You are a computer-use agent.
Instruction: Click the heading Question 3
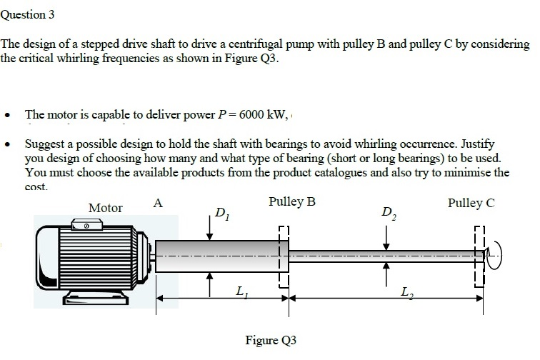[x=28, y=14]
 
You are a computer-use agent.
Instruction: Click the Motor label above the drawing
[x=105, y=208]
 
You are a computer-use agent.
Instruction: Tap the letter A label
[x=158, y=203]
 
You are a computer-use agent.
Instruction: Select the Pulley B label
[x=291, y=202]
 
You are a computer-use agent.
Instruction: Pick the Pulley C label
[x=471, y=203]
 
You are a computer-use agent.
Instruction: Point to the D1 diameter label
[x=222, y=212]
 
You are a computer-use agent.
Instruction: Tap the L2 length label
[x=406, y=291]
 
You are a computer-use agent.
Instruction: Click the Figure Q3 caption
[x=270, y=339]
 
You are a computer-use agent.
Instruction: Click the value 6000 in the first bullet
[x=254, y=114]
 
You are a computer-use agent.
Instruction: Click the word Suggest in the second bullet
[x=45, y=143]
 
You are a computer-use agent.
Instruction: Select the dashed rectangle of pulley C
[x=480, y=257]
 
